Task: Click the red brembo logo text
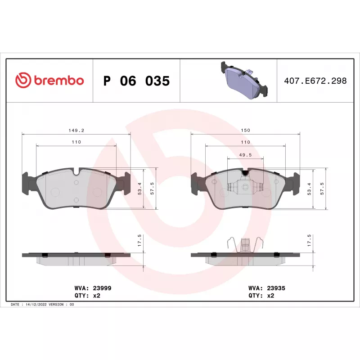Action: [x=59, y=81]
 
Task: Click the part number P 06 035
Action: [x=136, y=81]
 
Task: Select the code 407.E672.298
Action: [x=315, y=81]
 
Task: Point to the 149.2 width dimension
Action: [x=76, y=130]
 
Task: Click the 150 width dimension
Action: [x=245, y=130]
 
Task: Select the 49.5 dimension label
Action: [x=245, y=155]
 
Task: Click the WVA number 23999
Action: [x=102, y=288]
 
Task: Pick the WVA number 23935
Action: [x=276, y=288]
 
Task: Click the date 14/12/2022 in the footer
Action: [x=36, y=305]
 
